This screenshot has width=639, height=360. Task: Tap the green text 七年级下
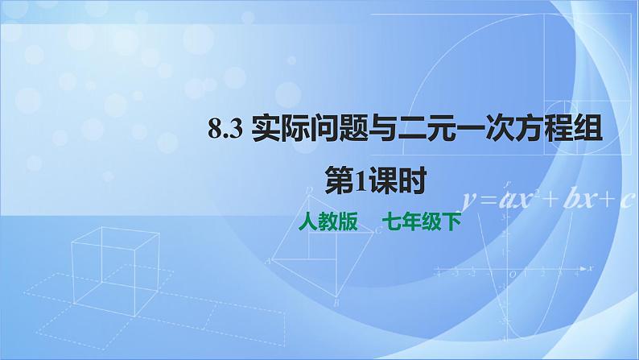click(x=419, y=221)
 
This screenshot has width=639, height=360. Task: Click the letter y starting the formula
click(x=469, y=200)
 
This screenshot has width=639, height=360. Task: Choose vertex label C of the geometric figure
click(x=377, y=230)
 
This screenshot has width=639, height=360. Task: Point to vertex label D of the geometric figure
click(x=311, y=190)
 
